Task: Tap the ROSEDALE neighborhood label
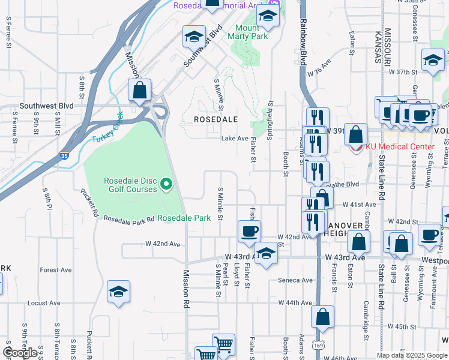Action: pyautogui.click(x=216, y=119)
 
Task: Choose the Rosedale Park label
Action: pyautogui.click(x=184, y=218)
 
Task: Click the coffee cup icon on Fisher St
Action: pyautogui.click(x=249, y=231)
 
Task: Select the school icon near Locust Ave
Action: pyautogui.click(x=118, y=292)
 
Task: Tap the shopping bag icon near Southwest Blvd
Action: pyautogui.click(x=139, y=91)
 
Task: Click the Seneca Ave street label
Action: pyautogui.click(x=295, y=280)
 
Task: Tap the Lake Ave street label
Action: pyautogui.click(x=235, y=139)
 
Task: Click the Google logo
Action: pyautogui.click(x=20, y=353)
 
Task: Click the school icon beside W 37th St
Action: pyautogui.click(x=433, y=61)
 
